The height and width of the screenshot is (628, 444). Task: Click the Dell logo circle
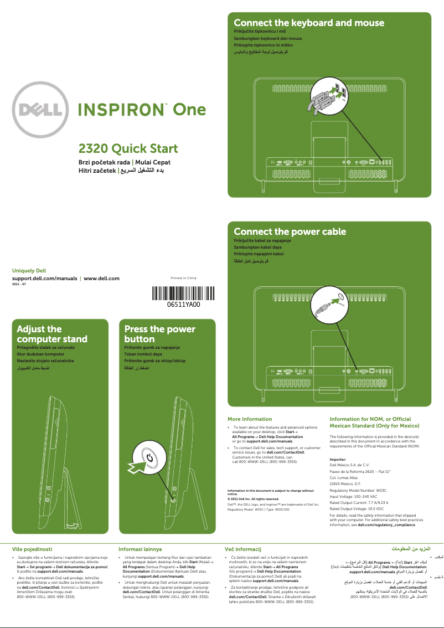point(42,110)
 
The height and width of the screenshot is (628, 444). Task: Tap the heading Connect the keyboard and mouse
point(309,23)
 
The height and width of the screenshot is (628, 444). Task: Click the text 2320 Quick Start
point(128,148)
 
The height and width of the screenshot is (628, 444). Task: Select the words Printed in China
point(183,277)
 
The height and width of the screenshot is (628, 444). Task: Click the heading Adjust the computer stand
point(52,334)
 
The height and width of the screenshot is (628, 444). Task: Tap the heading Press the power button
point(159,334)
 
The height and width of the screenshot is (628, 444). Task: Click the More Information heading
point(250,419)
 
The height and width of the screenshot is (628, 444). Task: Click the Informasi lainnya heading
point(140,549)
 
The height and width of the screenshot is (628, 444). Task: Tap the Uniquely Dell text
point(29,271)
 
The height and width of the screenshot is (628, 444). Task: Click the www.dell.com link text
point(101,278)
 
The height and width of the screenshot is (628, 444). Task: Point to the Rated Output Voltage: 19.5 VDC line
point(357,508)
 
